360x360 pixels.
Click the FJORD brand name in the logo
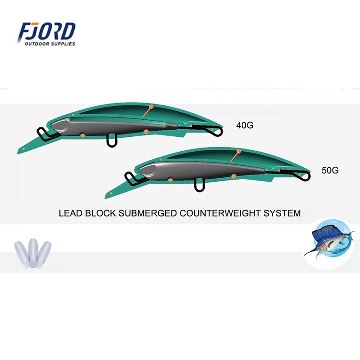47,31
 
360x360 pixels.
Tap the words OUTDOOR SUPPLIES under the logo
50,44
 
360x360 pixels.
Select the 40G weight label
245,125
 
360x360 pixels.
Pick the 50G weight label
330,170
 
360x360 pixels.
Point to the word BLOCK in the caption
100,213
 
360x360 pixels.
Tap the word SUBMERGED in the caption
148,213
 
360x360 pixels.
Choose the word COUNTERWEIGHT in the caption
220,213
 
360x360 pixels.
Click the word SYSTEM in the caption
282,213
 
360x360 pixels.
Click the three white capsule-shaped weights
33,253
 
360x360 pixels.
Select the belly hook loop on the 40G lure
112,140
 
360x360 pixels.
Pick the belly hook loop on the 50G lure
199,185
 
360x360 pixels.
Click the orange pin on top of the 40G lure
151,107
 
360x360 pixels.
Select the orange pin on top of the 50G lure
238,152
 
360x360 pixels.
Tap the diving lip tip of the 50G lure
106,198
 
